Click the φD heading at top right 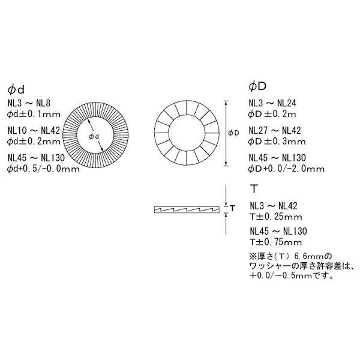tap(256, 87)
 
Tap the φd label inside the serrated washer tap(94, 137)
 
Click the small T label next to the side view tap(232, 208)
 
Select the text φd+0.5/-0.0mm tap(43, 169)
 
